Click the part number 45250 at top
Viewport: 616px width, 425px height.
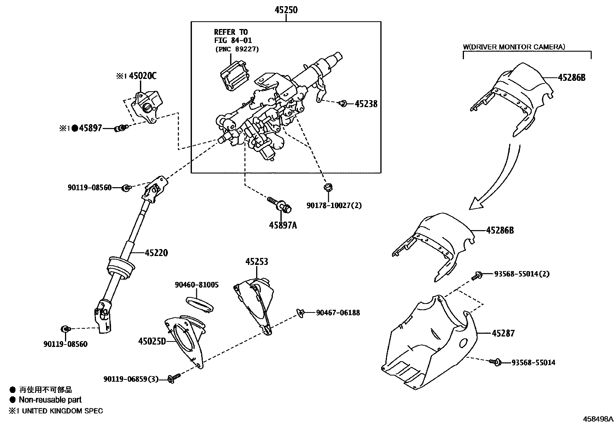click(x=286, y=10)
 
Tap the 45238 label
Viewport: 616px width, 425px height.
click(x=366, y=104)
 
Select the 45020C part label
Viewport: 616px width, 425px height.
click(x=142, y=76)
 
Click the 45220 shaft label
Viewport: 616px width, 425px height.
click(x=156, y=253)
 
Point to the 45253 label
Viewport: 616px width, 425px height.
click(x=256, y=262)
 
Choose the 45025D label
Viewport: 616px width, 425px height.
click(x=152, y=341)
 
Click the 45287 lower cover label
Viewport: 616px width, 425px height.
click(x=503, y=333)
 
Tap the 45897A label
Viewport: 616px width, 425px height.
click(x=283, y=225)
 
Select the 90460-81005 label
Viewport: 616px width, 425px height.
click(x=197, y=285)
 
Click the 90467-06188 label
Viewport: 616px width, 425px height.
click(x=338, y=312)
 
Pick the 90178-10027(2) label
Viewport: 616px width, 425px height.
click(x=334, y=205)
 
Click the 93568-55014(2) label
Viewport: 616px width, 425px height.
click(x=522, y=274)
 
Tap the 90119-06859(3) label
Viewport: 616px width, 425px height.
click(x=131, y=379)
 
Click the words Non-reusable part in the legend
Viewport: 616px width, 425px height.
click(x=50, y=400)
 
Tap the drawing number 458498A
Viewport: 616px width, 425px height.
click(x=598, y=419)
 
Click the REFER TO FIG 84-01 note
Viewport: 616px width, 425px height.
click(x=231, y=36)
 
